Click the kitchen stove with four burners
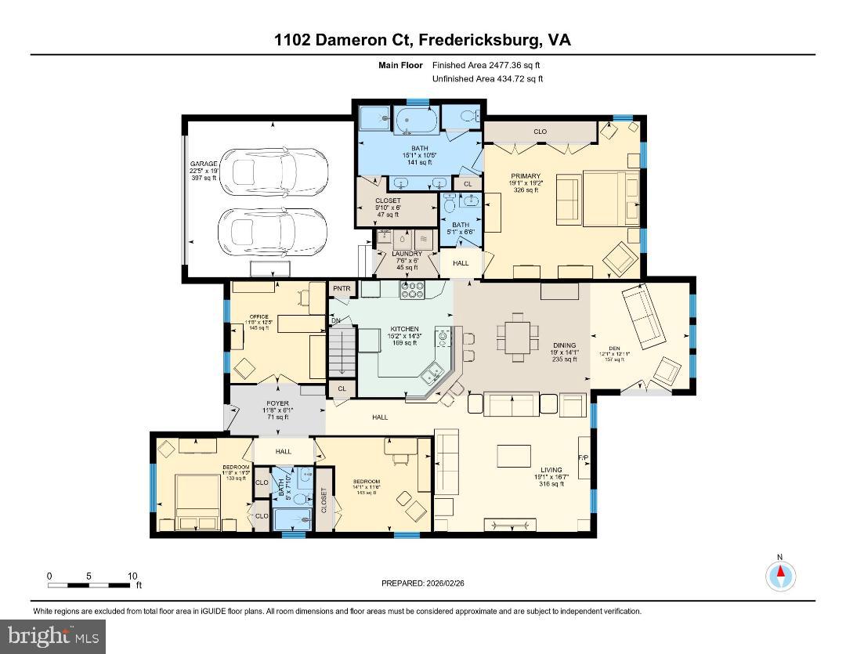(x=412, y=291)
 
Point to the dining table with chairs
(x=518, y=338)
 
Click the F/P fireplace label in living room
(x=583, y=457)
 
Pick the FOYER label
(x=277, y=403)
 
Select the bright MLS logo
(x=53, y=636)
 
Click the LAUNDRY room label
(x=407, y=254)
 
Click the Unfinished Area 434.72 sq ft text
(x=487, y=79)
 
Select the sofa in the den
(x=644, y=317)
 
